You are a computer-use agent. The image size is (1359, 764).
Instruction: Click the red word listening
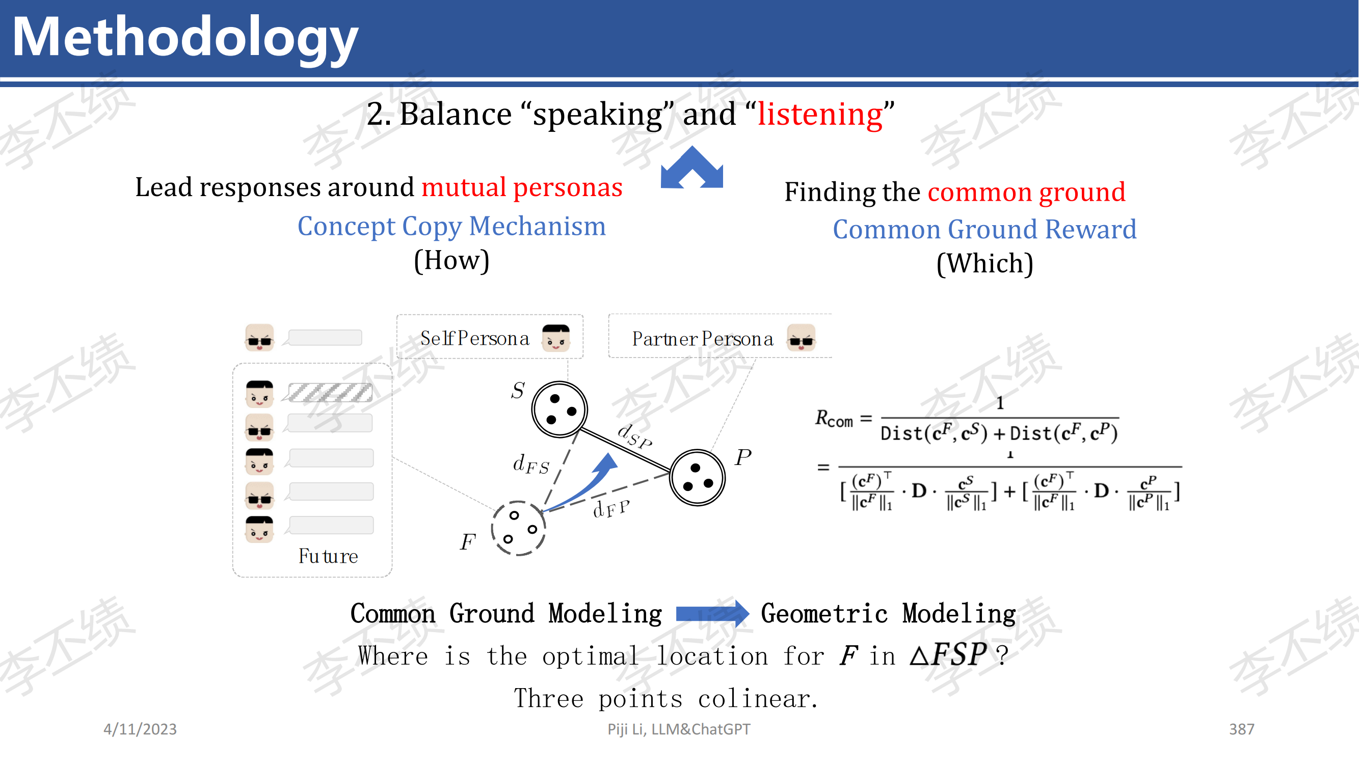point(820,114)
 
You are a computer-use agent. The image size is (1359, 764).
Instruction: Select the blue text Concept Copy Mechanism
point(451,226)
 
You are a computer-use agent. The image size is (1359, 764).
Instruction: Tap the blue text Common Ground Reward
point(984,229)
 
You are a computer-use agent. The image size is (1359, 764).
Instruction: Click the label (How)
point(451,260)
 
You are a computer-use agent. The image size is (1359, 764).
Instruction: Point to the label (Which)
point(984,263)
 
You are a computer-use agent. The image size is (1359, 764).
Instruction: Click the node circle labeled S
point(559,409)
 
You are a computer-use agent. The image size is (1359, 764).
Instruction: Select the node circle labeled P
point(698,478)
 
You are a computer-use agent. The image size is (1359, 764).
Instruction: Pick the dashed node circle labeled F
point(518,528)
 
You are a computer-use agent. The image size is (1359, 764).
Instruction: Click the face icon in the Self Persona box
point(556,338)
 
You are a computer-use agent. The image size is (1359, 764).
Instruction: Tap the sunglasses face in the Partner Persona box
point(801,338)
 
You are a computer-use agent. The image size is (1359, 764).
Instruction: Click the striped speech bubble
point(330,393)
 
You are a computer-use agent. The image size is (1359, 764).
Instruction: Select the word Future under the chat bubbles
point(328,556)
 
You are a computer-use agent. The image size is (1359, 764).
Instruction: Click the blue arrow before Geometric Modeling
point(712,614)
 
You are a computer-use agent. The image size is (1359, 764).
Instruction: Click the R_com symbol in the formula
point(834,418)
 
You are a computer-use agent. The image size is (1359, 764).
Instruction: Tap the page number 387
point(1241,729)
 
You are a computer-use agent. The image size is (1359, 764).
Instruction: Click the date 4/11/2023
point(140,729)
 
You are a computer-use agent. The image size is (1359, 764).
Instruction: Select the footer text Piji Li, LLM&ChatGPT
point(678,729)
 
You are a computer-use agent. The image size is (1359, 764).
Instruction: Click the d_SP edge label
point(634,436)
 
